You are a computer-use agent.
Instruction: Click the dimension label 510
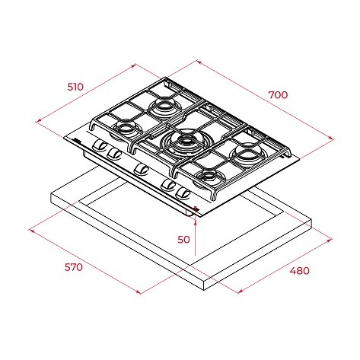click(75, 87)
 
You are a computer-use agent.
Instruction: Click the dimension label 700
click(278, 95)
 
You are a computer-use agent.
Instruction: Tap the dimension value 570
click(73, 267)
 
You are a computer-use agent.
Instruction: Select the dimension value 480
click(300, 271)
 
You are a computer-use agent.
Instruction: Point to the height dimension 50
click(183, 240)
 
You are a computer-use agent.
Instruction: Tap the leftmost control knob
click(99, 146)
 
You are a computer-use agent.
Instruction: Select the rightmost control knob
click(183, 194)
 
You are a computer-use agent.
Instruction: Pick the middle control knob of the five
click(141, 169)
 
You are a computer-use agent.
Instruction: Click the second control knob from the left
click(113, 154)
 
